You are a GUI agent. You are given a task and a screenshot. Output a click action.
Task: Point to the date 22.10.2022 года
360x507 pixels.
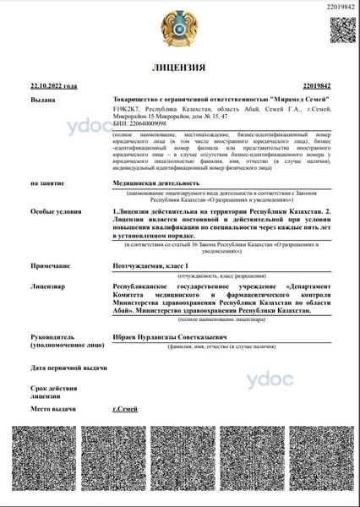click(53, 86)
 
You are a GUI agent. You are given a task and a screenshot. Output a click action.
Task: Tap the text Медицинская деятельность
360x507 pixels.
click(156, 182)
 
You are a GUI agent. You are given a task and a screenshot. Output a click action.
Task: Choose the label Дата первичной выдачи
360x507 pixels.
click(68, 368)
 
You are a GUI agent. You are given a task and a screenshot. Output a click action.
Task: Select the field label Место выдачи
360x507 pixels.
click(52, 409)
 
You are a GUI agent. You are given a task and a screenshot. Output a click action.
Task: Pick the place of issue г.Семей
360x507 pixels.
click(125, 409)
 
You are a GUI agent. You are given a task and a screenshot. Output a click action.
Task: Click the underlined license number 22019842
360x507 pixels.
click(315, 86)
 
